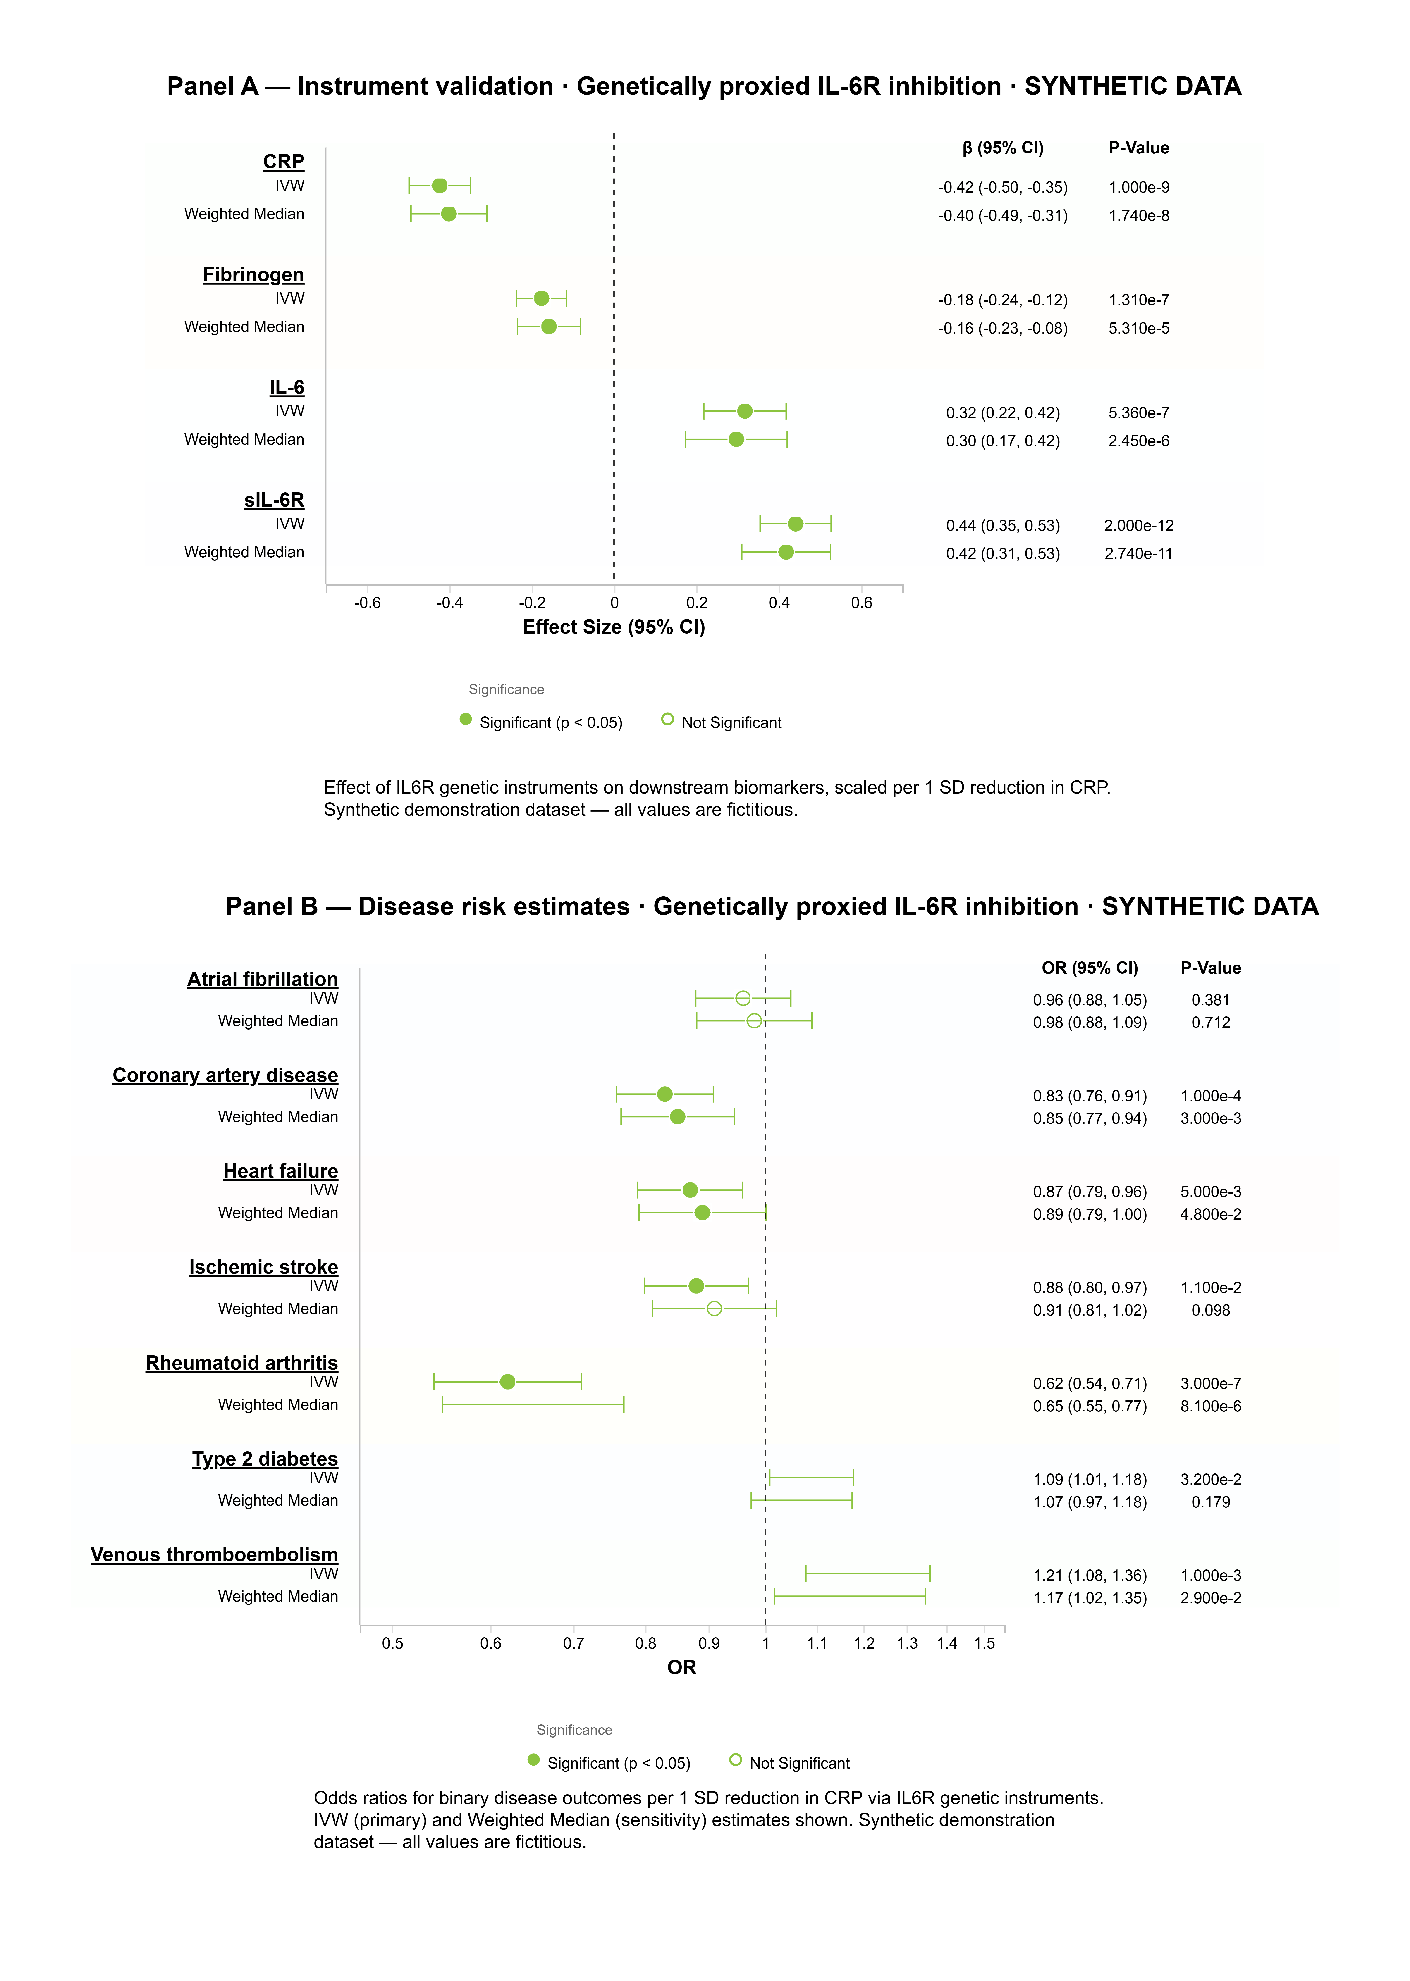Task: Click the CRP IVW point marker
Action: pyautogui.click(x=439, y=186)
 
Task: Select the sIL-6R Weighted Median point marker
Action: pyautogui.click(x=786, y=552)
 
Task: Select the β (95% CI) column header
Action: pyautogui.click(x=1003, y=148)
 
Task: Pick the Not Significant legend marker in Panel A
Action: pyautogui.click(x=667, y=719)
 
